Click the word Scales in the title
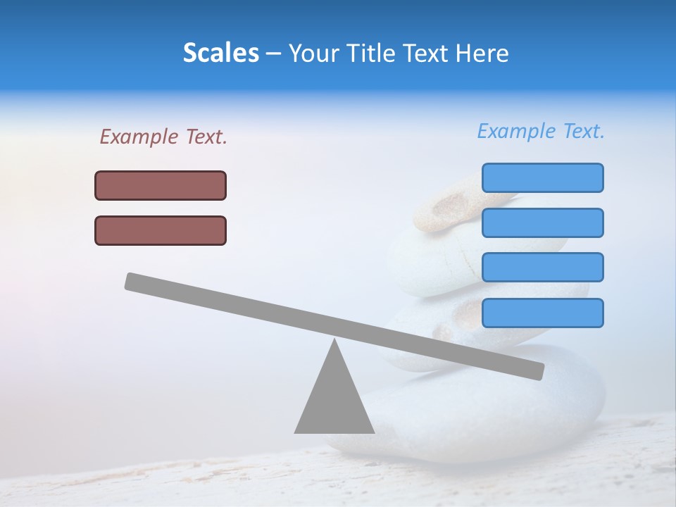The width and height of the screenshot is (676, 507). click(x=221, y=53)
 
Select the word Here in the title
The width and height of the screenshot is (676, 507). click(x=482, y=53)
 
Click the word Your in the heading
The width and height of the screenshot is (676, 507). click(x=314, y=53)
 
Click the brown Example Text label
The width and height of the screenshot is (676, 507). click(x=163, y=137)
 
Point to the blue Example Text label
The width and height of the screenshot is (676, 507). click(x=541, y=131)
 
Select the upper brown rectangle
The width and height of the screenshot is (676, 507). click(x=161, y=185)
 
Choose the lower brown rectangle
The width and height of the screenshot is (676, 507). click(x=161, y=230)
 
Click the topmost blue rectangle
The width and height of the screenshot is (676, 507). click(x=542, y=177)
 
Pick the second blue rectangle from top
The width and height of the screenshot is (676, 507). click(x=542, y=223)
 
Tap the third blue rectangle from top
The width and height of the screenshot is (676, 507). click(x=542, y=267)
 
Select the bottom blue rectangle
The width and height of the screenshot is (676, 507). click(x=542, y=313)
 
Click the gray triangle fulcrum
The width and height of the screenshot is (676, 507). click(x=334, y=401)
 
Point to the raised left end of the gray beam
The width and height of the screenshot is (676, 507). click(x=132, y=281)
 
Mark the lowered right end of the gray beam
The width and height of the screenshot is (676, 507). click(x=537, y=371)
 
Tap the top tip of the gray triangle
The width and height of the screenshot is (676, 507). click(x=334, y=342)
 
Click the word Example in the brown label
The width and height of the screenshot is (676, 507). click(x=139, y=137)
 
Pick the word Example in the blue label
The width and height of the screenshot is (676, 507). click(x=517, y=131)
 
